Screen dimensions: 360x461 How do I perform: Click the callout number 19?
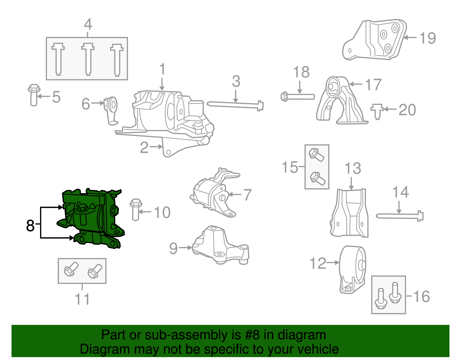pyautogui.click(x=428, y=38)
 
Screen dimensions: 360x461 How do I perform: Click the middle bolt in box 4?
pyautogui.click(x=88, y=59)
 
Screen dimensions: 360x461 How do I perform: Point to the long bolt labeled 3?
pyautogui.click(x=235, y=105)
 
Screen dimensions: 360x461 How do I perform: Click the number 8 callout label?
pyautogui.click(x=30, y=225)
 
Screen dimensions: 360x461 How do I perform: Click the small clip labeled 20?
pyautogui.click(x=377, y=111)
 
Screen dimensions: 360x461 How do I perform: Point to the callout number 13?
pyautogui.click(x=353, y=168)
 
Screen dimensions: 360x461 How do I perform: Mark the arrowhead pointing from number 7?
pyautogui.click(x=230, y=195)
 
